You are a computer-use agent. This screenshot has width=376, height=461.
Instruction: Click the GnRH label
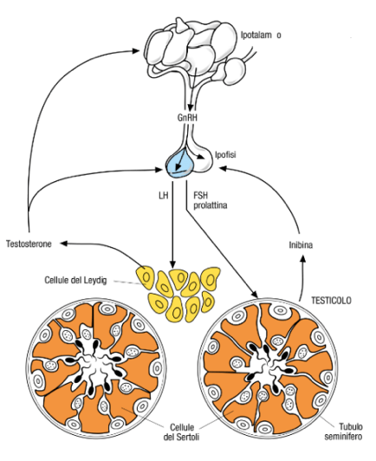tap(187, 118)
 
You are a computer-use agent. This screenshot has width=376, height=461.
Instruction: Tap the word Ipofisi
tap(225, 154)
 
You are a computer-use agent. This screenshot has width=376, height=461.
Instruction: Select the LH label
tap(164, 195)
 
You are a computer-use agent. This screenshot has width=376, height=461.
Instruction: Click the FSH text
tap(200, 195)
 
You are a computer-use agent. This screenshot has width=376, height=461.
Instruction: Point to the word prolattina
tap(211, 205)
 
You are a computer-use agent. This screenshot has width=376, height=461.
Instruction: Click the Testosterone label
tap(29, 243)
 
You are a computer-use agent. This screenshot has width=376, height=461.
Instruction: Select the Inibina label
tap(301, 244)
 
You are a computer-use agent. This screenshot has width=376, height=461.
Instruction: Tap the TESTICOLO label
tap(331, 301)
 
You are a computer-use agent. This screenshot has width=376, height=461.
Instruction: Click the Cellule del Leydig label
tap(75, 280)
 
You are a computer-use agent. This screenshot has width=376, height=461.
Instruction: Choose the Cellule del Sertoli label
tap(181, 432)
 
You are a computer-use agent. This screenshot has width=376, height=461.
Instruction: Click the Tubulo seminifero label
tap(343, 431)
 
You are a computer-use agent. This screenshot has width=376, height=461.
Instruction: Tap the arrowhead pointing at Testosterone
tap(64, 243)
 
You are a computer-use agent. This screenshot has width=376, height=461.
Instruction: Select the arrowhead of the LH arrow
tap(173, 263)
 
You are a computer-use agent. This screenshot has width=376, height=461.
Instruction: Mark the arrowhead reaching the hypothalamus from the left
tap(135, 51)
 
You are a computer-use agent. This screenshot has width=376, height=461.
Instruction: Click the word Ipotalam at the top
tap(256, 36)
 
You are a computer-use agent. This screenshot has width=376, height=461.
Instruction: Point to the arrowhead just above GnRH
tap(191, 107)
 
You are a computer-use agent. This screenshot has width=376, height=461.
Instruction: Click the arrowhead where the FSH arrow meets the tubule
tap(255, 295)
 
